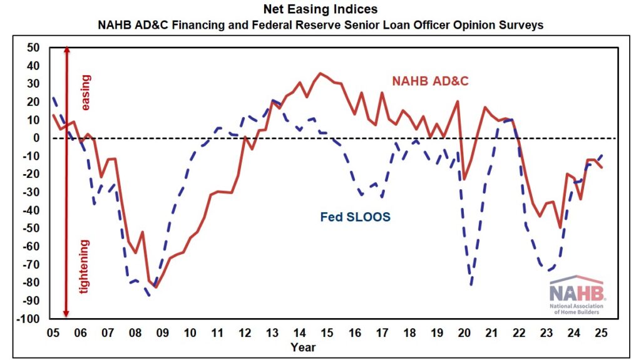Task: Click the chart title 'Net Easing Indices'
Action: point(320,10)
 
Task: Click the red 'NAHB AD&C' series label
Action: point(430,81)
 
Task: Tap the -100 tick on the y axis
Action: point(28,319)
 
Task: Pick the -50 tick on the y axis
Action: point(31,229)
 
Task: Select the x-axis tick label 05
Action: point(53,332)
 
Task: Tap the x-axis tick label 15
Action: point(327,332)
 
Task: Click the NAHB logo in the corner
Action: point(576,295)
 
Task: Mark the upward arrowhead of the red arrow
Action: point(66,51)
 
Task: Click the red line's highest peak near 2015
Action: point(320,73)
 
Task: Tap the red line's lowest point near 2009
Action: point(155,287)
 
